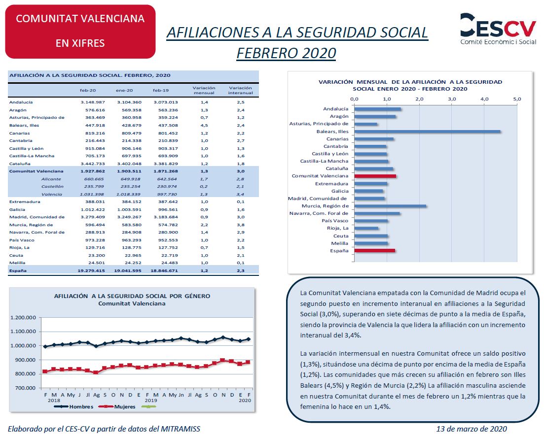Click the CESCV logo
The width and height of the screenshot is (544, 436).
(498, 29)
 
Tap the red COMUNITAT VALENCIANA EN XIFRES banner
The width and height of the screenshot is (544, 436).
(80, 32)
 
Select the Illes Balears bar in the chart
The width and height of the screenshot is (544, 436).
(428, 132)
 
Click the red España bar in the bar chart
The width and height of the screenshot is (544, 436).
(375, 251)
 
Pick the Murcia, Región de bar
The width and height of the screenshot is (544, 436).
(390, 206)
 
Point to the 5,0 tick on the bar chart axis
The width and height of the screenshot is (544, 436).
(517, 99)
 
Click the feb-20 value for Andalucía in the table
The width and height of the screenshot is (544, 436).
(93, 102)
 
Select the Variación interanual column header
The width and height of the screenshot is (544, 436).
(240, 91)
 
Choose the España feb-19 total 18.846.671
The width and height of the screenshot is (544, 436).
(164, 270)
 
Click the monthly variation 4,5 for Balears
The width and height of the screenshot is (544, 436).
(204, 126)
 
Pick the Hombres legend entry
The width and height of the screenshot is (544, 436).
(73, 406)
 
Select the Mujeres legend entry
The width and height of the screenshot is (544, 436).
(117, 406)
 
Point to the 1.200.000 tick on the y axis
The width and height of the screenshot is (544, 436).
(23, 317)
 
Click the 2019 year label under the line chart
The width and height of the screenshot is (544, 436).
(150, 401)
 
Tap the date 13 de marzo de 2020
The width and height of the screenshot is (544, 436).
(471, 429)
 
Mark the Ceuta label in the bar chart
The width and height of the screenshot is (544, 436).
(341, 236)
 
